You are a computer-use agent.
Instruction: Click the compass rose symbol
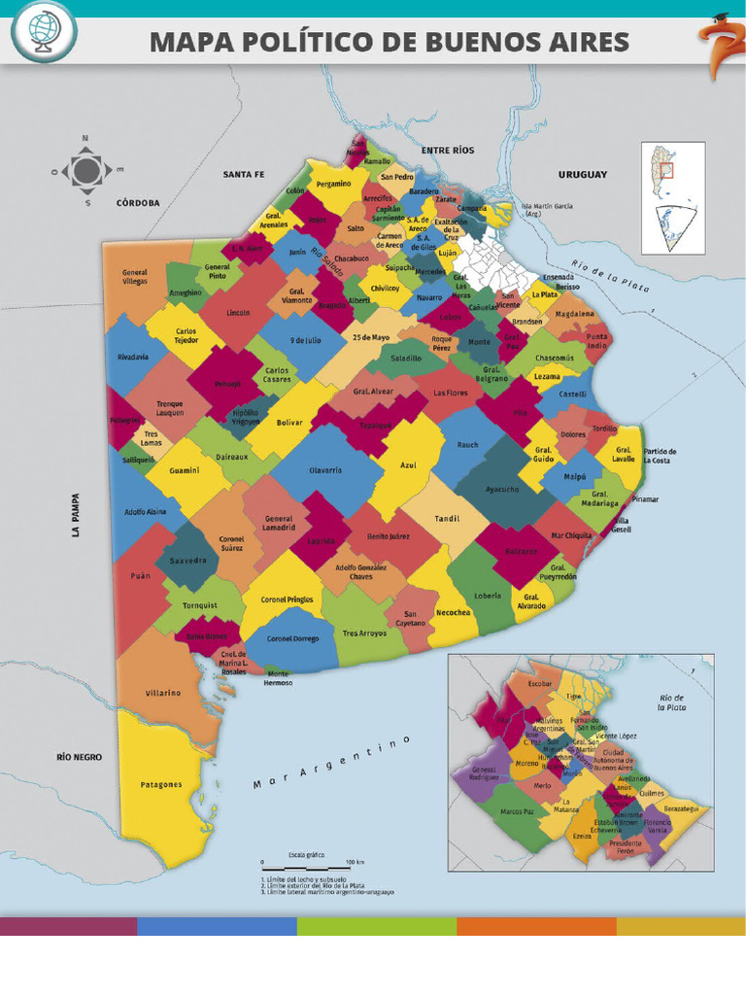86,171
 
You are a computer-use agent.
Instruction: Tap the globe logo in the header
44,32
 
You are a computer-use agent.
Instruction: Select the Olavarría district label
325,470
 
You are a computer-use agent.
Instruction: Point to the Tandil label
447,518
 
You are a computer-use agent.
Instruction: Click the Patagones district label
160,784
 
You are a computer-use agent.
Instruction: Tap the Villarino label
163,693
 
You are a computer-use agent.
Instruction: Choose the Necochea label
454,613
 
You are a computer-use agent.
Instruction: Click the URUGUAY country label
582,175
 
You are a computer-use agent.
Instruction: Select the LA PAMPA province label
75,514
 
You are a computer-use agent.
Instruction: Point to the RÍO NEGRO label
79,756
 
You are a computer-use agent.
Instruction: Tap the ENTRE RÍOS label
447,151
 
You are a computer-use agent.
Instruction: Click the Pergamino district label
333,184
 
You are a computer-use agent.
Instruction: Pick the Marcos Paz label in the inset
518,811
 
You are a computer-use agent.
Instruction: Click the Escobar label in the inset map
540,684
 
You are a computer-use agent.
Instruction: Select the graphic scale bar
304,862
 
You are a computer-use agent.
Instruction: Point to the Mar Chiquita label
571,535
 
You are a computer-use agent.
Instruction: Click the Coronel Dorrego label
292,638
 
